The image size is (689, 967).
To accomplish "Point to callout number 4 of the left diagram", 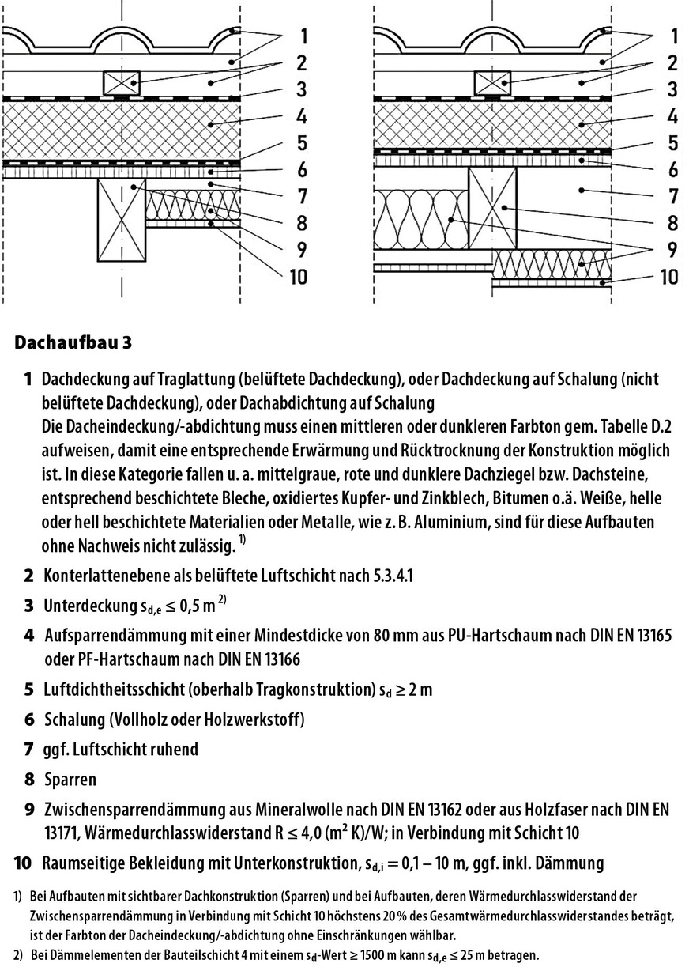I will tap(303, 116).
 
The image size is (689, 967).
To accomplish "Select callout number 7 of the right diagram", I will tap(670, 196).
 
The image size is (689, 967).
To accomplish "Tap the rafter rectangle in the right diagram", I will tap(493, 210).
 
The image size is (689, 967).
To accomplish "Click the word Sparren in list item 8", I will tap(70, 780).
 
